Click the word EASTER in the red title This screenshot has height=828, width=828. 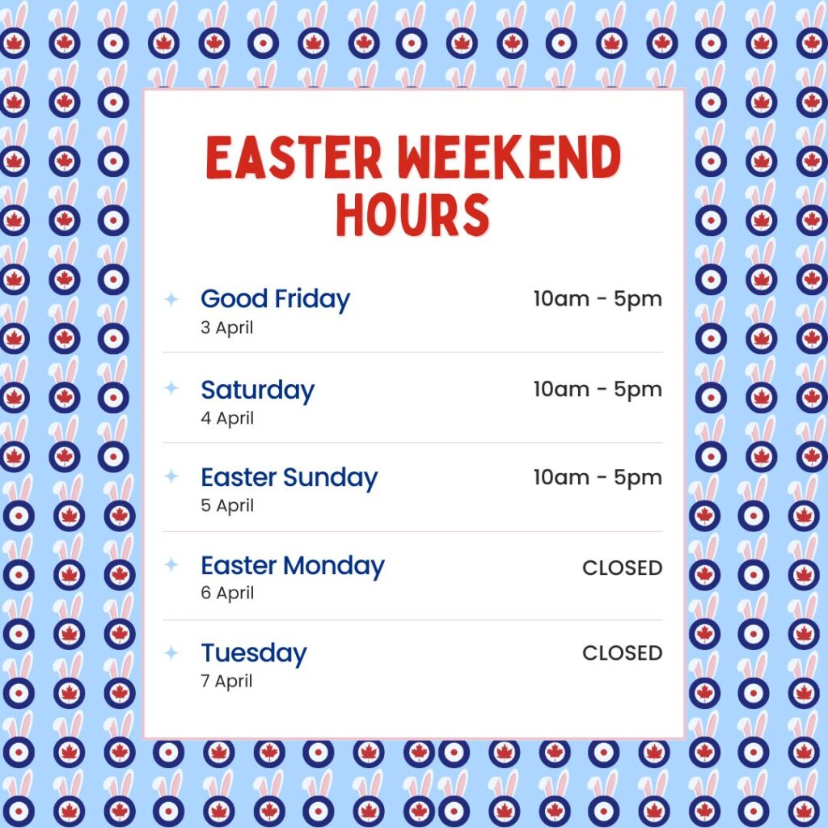[x=294, y=157]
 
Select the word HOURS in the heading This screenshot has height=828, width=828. [x=413, y=213]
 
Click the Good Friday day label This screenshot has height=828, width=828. [x=275, y=299]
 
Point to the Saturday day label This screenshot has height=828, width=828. [x=258, y=391]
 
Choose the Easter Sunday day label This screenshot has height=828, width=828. [x=289, y=479]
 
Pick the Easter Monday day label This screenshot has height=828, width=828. [x=293, y=567]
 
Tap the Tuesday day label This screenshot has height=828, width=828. [x=254, y=653]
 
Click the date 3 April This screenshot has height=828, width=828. [x=227, y=328]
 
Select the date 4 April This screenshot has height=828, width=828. [x=227, y=418]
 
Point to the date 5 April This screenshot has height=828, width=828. [x=227, y=506]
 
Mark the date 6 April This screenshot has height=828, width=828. [x=227, y=594]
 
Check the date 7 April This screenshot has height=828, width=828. [x=226, y=681]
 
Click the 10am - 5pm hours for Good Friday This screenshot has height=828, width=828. [x=598, y=299]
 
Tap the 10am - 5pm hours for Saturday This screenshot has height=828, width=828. [x=598, y=390]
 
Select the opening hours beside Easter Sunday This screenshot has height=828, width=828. [x=598, y=478]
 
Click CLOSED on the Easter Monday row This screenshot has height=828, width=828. [x=623, y=568]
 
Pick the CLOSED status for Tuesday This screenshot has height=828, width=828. [x=623, y=653]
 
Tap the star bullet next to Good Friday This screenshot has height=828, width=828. [x=171, y=299]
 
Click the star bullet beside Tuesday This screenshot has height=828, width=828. [x=171, y=653]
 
